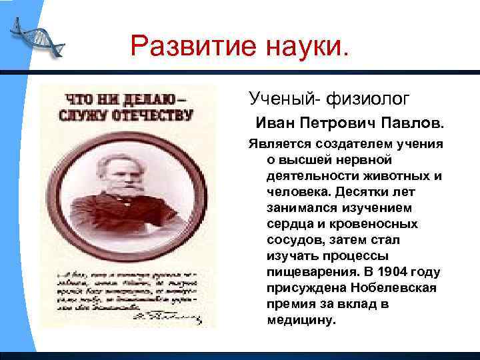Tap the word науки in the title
[303, 47]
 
